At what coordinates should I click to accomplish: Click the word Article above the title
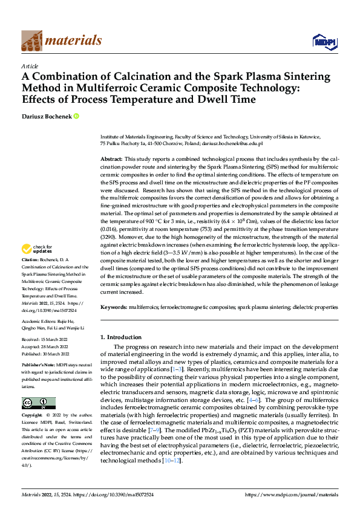pyautogui.click(x=30, y=66)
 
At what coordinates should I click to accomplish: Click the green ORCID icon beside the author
pyautogui.click(x=77, y=116)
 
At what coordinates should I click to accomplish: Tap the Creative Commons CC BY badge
pyautogui.click(x=38, y=403)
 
